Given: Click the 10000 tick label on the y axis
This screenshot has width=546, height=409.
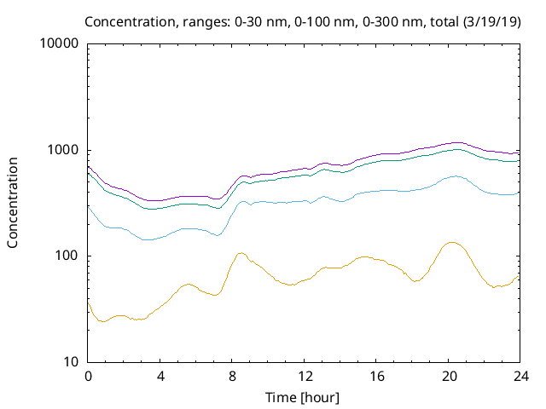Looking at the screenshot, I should [60, 44].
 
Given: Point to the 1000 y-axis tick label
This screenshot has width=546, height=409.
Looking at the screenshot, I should [63, 150].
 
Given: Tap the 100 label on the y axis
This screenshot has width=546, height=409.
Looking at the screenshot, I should [67, 256].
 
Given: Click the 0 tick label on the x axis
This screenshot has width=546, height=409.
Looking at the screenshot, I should [88, 377].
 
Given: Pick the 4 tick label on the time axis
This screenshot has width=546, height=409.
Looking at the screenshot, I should [160, 377].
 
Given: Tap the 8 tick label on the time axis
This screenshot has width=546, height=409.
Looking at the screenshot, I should [232, 377].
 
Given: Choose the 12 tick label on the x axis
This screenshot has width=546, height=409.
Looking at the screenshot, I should [305, 377].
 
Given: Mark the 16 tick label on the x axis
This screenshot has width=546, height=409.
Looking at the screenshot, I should [376, 377].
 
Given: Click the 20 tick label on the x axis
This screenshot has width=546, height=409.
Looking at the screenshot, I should [449, 377].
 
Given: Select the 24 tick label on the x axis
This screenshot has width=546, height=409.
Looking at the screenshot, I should [520, 377].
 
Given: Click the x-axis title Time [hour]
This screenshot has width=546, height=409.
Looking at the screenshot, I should [305, 397].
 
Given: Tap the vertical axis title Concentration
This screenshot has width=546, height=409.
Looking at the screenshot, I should [13, 203].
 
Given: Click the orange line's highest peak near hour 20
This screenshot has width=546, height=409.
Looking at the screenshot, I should [451, 243].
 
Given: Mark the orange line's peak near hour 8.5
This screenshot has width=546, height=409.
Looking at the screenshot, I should [241, 253].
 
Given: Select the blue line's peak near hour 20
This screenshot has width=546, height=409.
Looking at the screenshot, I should [455, 176].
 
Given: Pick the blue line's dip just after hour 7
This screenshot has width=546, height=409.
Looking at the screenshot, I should [218, 235].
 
